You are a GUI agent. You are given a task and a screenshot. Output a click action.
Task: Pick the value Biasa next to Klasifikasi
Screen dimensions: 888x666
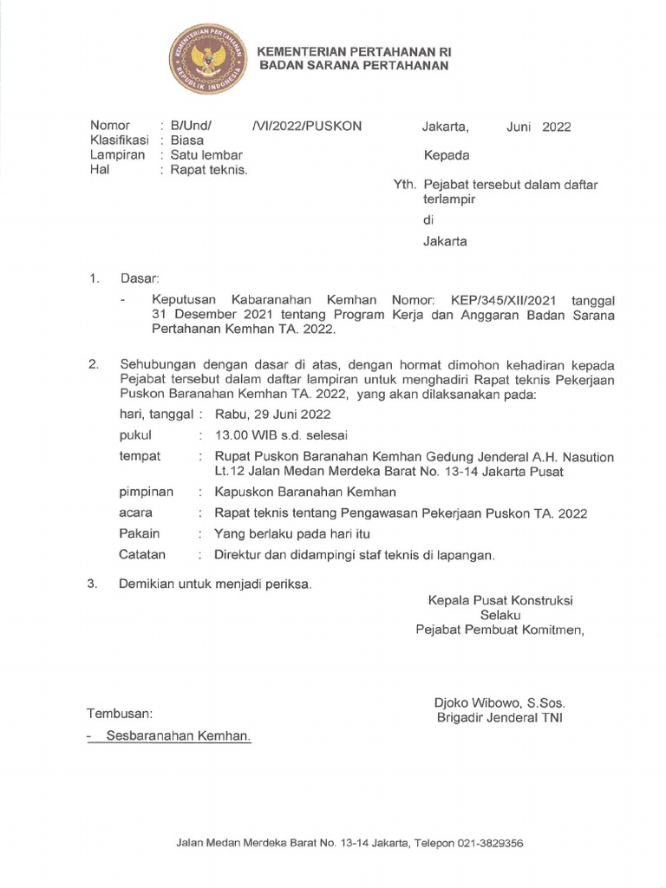pyautogui.click(x=187, y=140)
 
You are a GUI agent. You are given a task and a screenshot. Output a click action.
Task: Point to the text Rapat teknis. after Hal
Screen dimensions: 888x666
pyautogui.click(x=209, y=170)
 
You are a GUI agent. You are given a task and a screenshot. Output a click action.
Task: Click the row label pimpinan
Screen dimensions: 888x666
pyautogui.click(x=146, y=492)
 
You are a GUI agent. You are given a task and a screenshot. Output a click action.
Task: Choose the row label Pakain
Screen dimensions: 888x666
pyautogui.click(x=140, y=533)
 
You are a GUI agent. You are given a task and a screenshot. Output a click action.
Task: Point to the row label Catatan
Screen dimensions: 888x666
pyautogui.click(x=142, y=554)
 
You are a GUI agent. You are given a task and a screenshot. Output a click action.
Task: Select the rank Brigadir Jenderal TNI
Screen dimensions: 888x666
pyautogui.click(x=499, y=718)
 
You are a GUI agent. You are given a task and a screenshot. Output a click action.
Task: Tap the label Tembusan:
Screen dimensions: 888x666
pyautogui.click(x=120, y=714)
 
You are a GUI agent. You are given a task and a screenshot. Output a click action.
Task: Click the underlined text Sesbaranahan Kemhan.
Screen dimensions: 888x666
pyautogui.click(x=178, y=735)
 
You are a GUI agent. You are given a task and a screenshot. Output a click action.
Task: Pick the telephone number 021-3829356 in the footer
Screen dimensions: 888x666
pyautogui.click(x=489, y=842)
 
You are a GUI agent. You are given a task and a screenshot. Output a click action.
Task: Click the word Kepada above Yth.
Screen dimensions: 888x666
pyautogui.click(x=446, y=156)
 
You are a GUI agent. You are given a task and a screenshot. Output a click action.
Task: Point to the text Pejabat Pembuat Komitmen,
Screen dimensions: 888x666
pyautogui.click(x=500, y=630)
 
